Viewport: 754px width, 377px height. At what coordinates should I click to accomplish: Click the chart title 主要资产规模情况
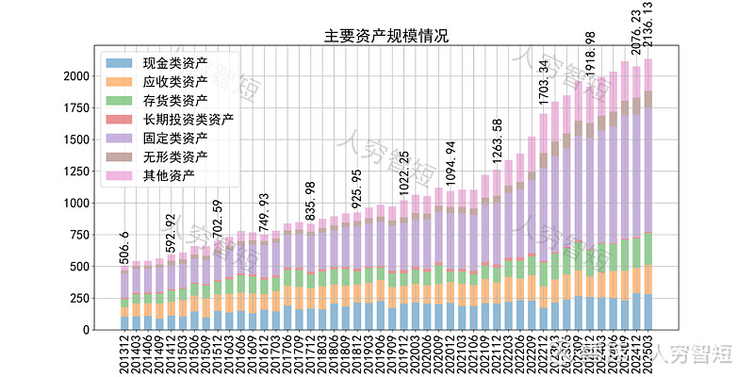coord(385,37)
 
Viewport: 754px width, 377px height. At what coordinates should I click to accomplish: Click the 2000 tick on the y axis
coord(77,76)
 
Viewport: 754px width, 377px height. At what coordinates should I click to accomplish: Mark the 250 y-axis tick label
coord(81,299)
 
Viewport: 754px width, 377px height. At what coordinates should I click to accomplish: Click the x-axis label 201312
coord(124,355)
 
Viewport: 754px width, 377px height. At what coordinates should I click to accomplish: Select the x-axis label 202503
coord(648,355)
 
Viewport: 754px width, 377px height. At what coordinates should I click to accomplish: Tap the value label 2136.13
coord(648,28)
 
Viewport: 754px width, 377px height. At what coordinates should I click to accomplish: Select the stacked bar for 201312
coord(124,297)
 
